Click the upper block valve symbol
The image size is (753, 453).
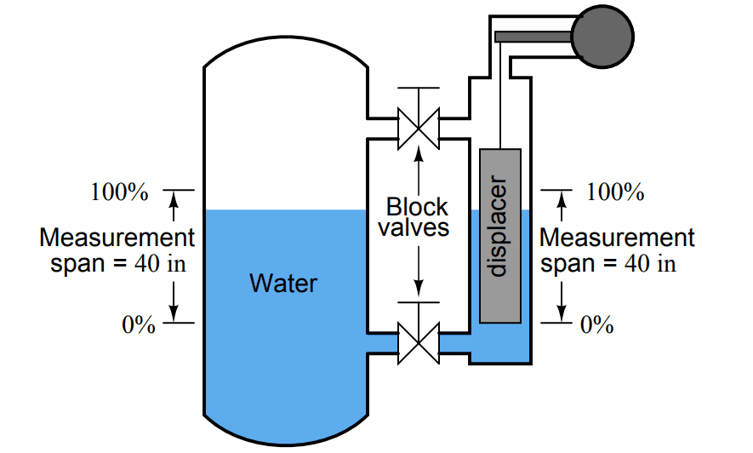pos(418,127)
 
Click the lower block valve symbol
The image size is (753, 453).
pos(418,342)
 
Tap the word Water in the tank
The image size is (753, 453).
pos(283,283)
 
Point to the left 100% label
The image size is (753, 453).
pos(119,192)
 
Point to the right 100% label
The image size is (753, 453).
pos(615,192)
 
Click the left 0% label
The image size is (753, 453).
pos(139,324)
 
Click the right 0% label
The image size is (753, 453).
pos(596,324)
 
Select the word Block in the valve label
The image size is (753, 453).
pos(417,207)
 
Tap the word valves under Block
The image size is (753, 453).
pos(414,228)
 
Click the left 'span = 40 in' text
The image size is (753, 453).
pos(118,263)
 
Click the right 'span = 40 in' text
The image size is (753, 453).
pos(609,263)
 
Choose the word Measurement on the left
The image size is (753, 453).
pos(117,238)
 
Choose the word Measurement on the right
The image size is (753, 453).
pos(617,238)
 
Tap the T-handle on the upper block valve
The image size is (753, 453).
pos(418,89)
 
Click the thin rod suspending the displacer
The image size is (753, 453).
pos(501,102)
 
